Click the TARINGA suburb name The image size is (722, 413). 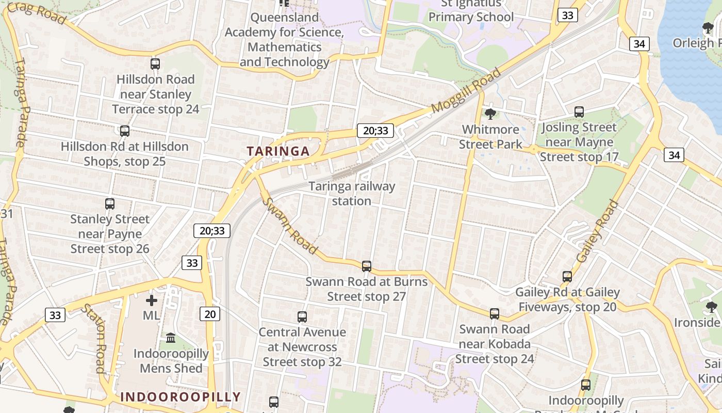pyautogui.click(x=278, y=151)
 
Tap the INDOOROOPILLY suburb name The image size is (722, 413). pyautogui.click(x=180, y=396)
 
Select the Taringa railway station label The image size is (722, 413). pyautogui.click(x=352, y=194)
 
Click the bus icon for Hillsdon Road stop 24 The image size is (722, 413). pyautogui.click(x=155, y=64)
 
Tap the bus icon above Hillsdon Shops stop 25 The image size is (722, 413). pyautogui.click(x=124, y=131)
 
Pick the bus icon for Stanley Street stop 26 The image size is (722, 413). pyautogui.click(x=110, y=204)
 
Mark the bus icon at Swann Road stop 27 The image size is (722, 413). pyautogui.click(x=366, y=266)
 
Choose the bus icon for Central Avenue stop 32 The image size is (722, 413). pyautogui.click(x=302, y=316)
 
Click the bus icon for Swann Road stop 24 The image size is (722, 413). pyautogui.click(x=494, y=313)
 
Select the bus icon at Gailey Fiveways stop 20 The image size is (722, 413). pyautogui.click(x=567, y=277)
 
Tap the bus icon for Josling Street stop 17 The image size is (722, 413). pyautogui.click(x=579, y=112)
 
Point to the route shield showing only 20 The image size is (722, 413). pyautogui.click(x=210, y=313)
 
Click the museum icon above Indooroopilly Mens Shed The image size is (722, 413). pyautogui.click(x=171, y=338)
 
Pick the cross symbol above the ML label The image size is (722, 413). pyautogui.click(x=152, y=300)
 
